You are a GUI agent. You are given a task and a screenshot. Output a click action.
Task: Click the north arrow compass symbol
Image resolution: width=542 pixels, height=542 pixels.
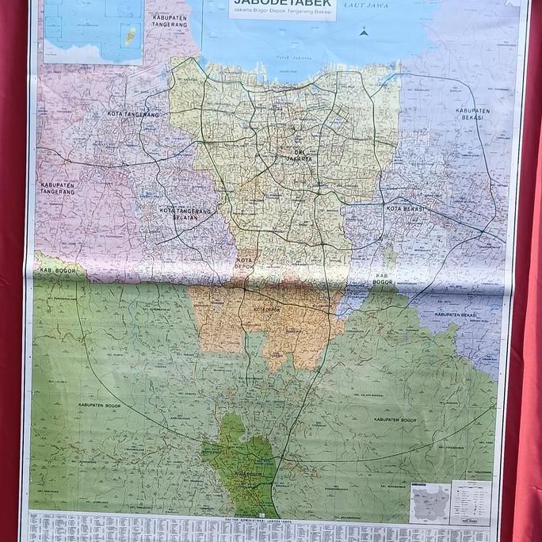coord(364,32)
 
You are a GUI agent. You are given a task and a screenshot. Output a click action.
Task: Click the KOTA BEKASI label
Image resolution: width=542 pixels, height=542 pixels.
coord(406,208)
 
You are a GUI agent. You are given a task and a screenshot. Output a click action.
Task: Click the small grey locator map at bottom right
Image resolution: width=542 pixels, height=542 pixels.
coord(430,502)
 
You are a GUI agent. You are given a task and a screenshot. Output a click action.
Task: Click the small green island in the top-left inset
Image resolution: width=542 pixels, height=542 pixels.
coord(130,35)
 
